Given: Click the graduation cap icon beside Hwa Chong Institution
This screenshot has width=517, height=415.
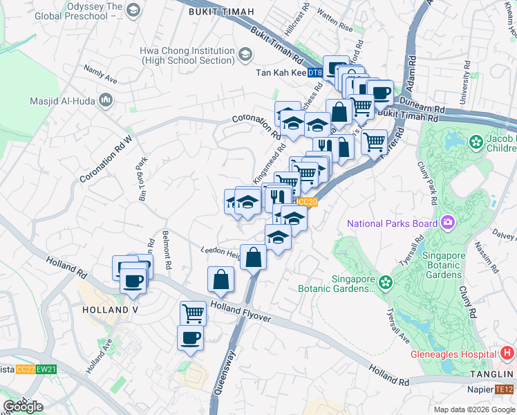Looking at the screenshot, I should click(x=245, y=55).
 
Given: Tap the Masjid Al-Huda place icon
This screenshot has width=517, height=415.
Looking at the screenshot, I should click(x=106, y=101).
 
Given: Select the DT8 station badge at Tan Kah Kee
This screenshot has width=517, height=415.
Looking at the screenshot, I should click(x=314, y=73).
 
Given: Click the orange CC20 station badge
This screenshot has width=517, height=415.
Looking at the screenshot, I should click(x=308, y=202).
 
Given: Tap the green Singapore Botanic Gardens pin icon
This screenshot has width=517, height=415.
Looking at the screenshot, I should click(x=384, y=282).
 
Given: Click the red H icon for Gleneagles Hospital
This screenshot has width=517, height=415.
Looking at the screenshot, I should click(x=507, y=353).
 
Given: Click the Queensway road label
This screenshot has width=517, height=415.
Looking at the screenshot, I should click(x=225, y=373).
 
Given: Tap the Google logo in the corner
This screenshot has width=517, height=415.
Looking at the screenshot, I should click(x=23, y=407).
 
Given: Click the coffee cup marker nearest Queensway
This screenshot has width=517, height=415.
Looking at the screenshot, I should click(x=191, y=338).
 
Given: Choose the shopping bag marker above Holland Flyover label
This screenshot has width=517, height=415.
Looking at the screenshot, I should click(x=220, y=279).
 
